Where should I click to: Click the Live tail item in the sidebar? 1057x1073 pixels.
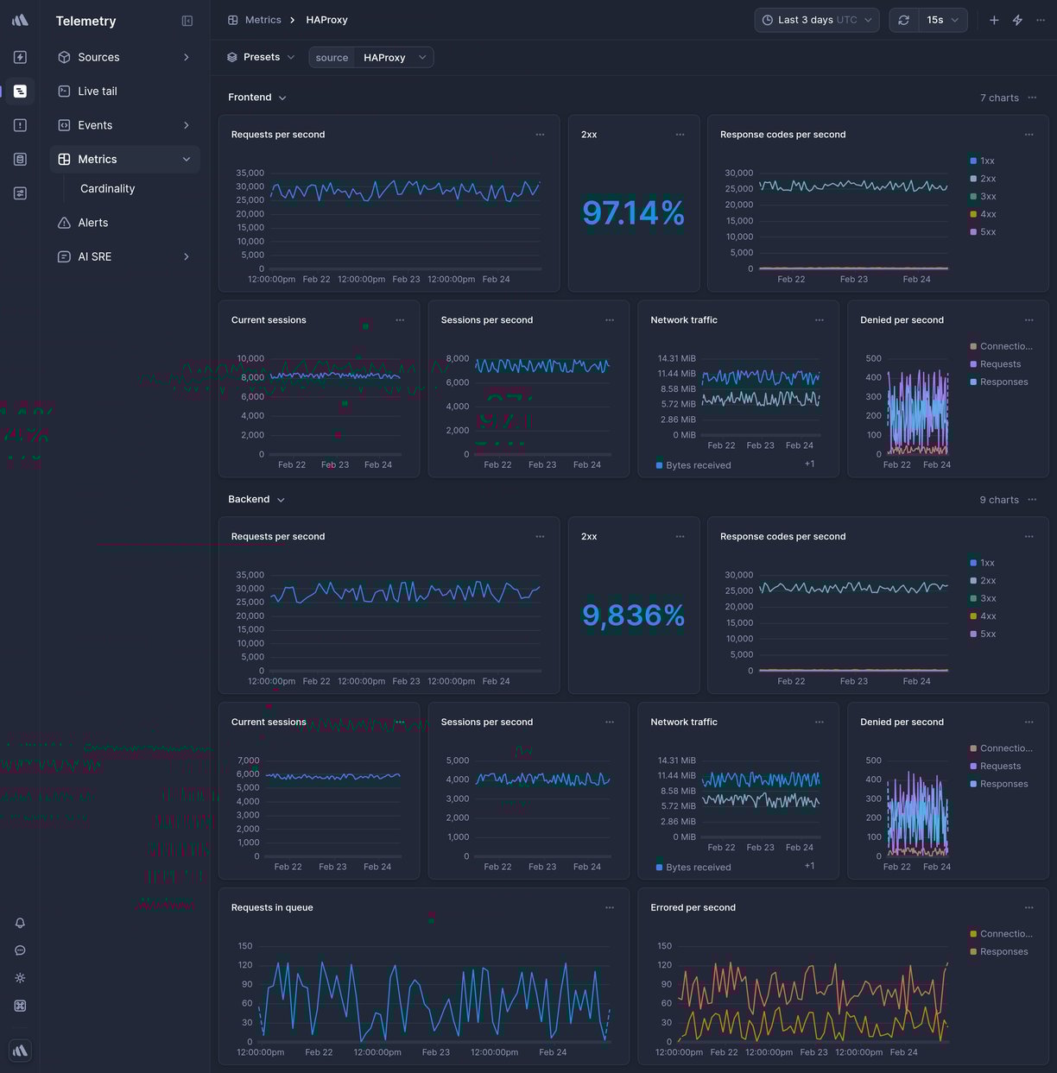point(97,92)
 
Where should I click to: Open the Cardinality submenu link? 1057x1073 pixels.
point(107,189)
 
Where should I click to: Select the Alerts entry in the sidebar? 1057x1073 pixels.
point(92,223)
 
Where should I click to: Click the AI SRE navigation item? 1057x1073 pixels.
point(94,257)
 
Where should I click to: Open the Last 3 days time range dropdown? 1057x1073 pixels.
point(816,20)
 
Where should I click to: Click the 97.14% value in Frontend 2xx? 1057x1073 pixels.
point(633,213)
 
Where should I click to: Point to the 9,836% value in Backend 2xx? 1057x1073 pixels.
point(633,615)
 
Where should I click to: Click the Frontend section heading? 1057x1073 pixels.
point(250,98)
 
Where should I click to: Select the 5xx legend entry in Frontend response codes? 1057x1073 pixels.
point(987,232)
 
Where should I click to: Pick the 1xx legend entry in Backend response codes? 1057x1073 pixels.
point(986,563)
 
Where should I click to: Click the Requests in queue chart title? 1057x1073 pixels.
point(272,908)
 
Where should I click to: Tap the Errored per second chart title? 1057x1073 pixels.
point(693,908)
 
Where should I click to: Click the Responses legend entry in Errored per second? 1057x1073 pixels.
point(1003,952)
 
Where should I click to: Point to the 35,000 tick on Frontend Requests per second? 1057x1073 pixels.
point(250,173)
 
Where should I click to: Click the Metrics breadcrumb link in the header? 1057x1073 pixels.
point(263,20)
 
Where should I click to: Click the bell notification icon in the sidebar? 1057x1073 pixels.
point(20,923)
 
